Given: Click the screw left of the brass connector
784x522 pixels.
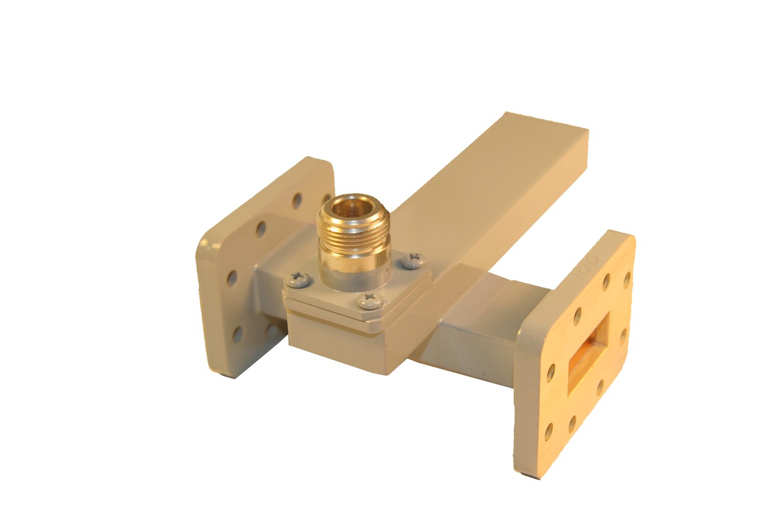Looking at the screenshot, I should tap(297, 279).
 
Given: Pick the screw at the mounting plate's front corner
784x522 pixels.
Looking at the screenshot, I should tap(368, 301).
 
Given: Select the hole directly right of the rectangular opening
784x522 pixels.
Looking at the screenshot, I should tap(624, 337).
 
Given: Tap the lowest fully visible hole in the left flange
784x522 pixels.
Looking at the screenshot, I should tap(239, 334).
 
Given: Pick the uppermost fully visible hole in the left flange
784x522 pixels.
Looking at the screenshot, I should tap(296, 200).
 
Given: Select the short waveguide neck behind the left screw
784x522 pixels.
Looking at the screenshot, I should tap(269, 284).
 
